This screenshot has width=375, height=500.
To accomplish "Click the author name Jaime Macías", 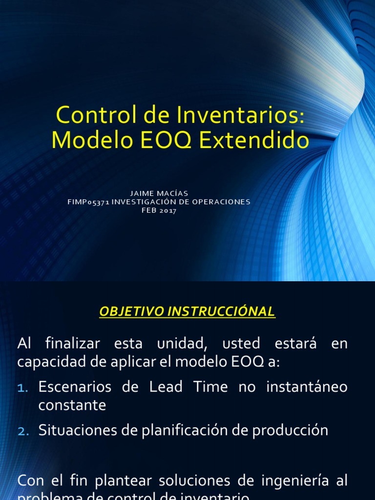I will coord(159,193).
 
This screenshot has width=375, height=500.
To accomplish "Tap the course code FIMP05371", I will coord(88,202).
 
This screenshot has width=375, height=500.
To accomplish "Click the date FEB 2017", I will coord(159,210).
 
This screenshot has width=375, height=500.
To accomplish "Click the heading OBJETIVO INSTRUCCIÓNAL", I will coord(187,312).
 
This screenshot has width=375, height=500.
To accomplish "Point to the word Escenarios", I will coord(75,387).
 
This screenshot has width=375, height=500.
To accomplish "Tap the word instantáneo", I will coord(307,387).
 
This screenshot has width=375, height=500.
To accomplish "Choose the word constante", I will coord(72,405).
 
